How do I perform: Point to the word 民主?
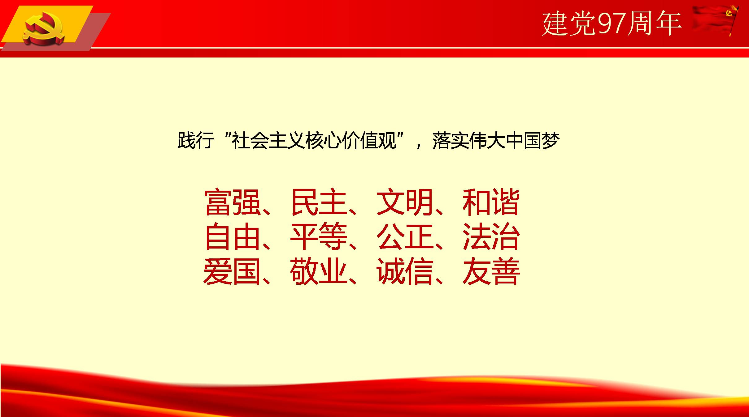[319, 202]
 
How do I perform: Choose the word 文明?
[405, 202]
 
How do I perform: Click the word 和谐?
[491, 202]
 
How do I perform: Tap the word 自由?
[233, 237]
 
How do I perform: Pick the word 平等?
[319, 237]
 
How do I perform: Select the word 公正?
[405, 237]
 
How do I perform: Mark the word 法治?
[491, 237]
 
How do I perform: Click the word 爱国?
[232, 271]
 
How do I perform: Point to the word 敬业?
[319, 271]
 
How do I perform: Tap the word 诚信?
[405, 271]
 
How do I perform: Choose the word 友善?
[491, 271]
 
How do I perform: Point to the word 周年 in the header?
[655, 24]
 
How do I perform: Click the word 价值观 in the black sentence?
[370, 141]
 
